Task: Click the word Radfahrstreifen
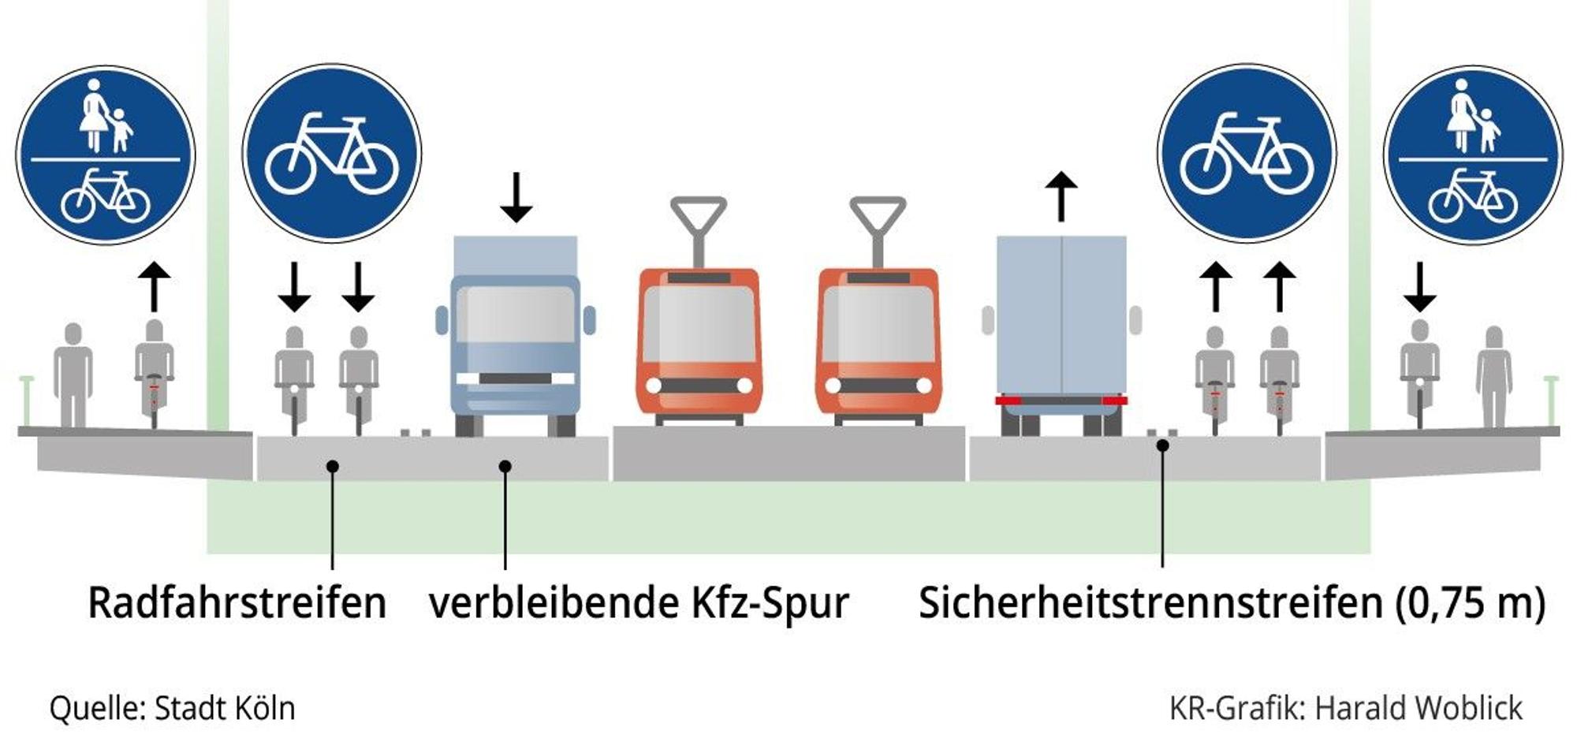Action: pos(237,603)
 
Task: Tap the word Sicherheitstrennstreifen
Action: pos(1150,603)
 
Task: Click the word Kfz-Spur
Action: pos(770,604)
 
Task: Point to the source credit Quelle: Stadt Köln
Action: pos(172,708)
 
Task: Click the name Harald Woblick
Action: pos(1419,708)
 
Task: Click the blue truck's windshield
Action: pos(515,314)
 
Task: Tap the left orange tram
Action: pos(699,347)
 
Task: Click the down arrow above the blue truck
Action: pos(516,197)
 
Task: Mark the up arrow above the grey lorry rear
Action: pos(1061,196)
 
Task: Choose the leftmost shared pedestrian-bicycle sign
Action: pos(105,155)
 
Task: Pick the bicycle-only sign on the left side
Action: pos(332,153)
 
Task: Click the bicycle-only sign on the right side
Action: pos(1247,153)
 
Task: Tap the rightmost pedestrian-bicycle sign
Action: pos(1473,155)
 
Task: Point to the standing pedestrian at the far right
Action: pos(1494,377)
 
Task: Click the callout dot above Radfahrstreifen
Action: pos(333,467)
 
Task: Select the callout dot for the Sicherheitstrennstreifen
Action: pos(1162,445)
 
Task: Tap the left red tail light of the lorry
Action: pos(1008,401)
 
